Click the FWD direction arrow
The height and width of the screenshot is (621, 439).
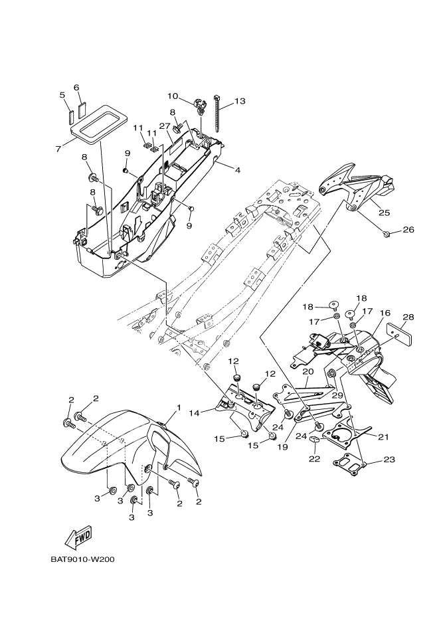(77, 537)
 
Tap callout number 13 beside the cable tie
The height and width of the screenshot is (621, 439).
(239, 101)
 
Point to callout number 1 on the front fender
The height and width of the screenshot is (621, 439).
(178, 406)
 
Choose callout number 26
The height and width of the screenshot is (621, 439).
(408, 230)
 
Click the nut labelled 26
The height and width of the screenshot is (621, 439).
(387, 233)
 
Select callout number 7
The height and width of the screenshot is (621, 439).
(58, 149)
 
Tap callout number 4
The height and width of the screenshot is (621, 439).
(236, 170)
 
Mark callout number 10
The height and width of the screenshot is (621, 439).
(173, 96)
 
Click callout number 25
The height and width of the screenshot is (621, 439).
(384, 213)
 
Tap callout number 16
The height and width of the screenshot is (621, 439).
(385, 313)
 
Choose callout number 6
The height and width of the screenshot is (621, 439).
(76, 87)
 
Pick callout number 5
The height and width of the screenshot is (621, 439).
(62, 95)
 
